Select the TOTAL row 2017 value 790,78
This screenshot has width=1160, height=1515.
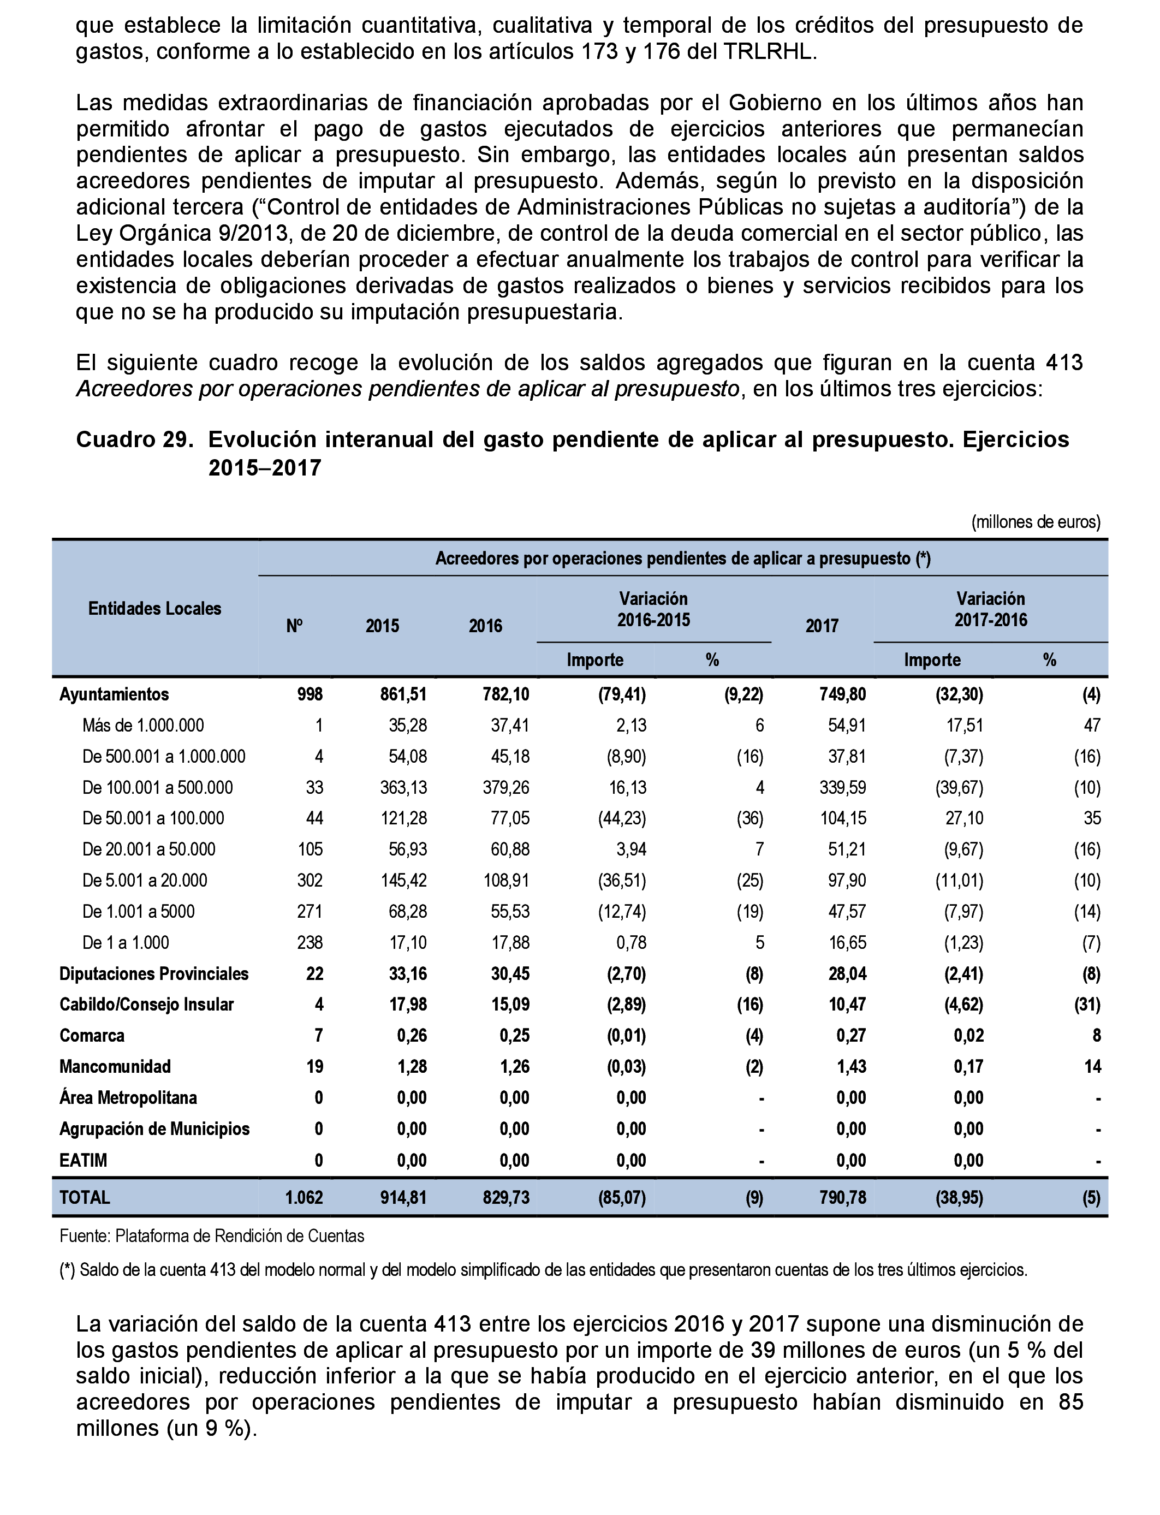pyautogui.click(x=842, y=1197)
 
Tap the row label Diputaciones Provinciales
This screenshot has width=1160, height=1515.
pyautogui.click(x=154, y=973)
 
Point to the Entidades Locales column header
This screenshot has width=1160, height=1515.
pyautogui.click(x=154, y=608)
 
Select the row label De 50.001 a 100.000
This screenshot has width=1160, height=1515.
pyautogui.click(x=153, y=818)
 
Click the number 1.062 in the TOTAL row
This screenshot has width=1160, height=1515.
pyautogui.click(x=304, y=1197)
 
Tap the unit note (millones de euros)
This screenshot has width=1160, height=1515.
pyautogui.click(x=1035, y=522)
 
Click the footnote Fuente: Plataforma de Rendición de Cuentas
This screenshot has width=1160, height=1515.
pyautogui.click(x=212, y=1236)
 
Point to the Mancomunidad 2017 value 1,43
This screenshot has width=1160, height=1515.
pyautogui.click(x=852, y=1066)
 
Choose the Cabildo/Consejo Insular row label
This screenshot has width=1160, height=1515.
pyautogui.click(x=146, y=1005)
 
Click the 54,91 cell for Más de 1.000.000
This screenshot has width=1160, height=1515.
pyautogui.click(x=847, y=725)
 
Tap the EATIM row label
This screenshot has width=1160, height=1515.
pyautogui.click(x=83, y=1160)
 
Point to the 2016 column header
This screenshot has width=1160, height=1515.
pyautogui.click(x=485, y=626)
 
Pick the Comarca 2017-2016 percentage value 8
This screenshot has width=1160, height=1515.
pyautogui.click(x=1097, y=1036)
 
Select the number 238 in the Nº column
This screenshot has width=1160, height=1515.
pyautogui.click(x=310, y=942)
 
